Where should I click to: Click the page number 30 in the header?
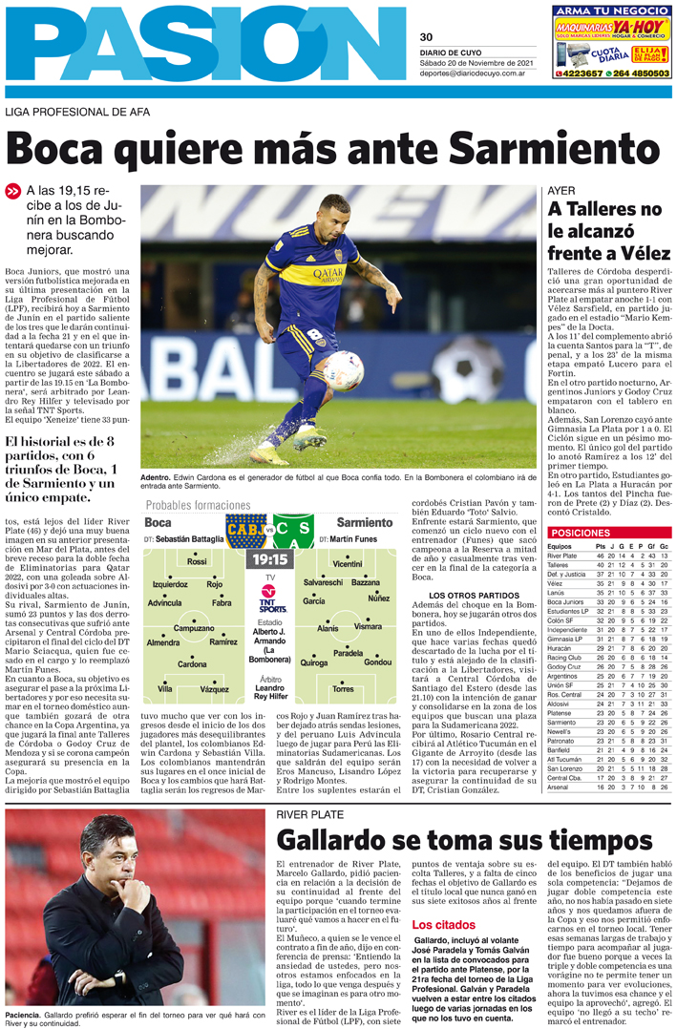pyautogui.click(x=426, y=37)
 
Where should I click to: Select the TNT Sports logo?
pyautogui.click(x=274, y=598)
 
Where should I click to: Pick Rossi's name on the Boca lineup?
pyautogui.click(x=197, y=562)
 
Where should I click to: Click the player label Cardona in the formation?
pyautogui.click(x=191, y=664)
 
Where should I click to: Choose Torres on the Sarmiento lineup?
pyautogui.click(x=343, y=688)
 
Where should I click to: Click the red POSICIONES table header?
pyautogui.click(x=581, y=533)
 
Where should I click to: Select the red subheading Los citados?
pyautogui.click(x=443, y=925)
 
